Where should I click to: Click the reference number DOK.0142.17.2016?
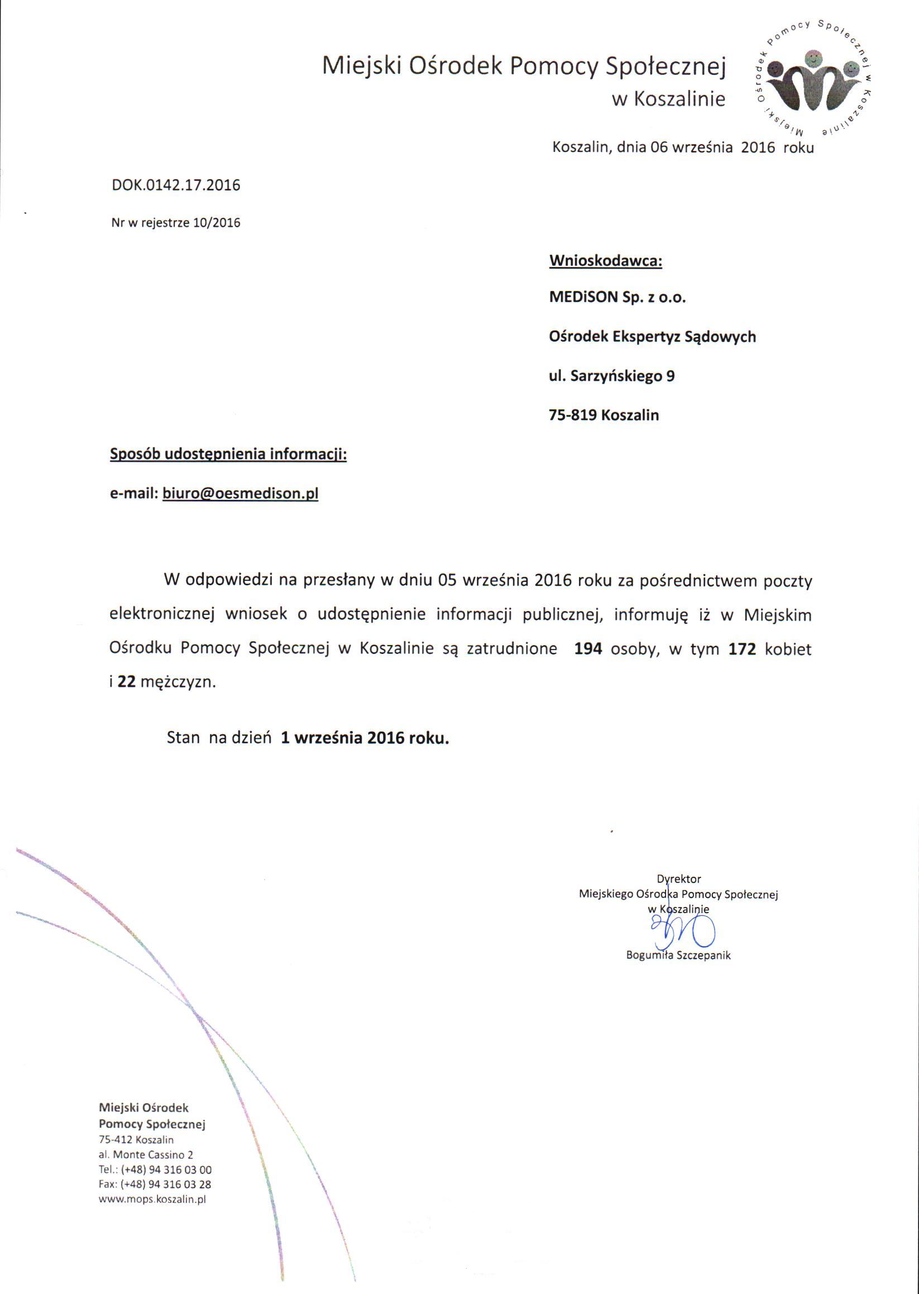tap(176, 185)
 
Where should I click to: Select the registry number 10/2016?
tap(217, 223)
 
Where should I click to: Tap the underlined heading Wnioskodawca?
tap(605, 261)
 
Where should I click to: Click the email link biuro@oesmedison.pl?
tap(240, 494)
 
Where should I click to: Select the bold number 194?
tap(588, 649)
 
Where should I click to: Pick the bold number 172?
tap(743, 649)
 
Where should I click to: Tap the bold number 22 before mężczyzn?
tap(126, 682)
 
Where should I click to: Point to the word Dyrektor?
tap(678, 879)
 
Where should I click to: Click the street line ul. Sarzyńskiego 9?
tap(612, 376)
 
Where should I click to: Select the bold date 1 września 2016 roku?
tap(365, 738)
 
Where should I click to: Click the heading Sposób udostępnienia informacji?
tap(228, 455)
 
